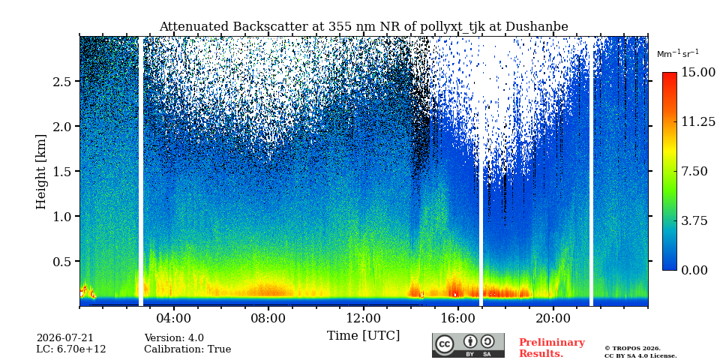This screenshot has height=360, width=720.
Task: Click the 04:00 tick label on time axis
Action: (x=174, y=318)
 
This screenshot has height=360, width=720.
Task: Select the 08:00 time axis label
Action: (x=268, y=318)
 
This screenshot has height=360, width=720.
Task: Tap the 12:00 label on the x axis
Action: (x=364, y=318)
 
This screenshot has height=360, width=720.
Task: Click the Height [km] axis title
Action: (x=41, y=172)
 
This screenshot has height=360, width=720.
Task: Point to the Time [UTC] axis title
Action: (x=363, y=336)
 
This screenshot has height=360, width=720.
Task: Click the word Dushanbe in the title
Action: (x=537, y=27)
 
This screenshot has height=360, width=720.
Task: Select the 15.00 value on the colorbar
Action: (x=698, y=72)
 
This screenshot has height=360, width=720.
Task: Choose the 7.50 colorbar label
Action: (x=695, y=171)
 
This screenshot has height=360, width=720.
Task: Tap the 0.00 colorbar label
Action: (x=695, y=270)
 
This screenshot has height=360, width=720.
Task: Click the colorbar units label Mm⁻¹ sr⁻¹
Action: (x=678, y=54)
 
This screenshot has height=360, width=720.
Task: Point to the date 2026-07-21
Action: (x=64, y=338)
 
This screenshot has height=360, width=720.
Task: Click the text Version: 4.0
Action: (x=174, y=338)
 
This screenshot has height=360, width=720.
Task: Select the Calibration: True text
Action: (x=187, y=349)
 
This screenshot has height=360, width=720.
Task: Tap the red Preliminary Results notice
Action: (x=552, y=347)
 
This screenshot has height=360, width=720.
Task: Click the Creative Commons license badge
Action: (x=468, y=345)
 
